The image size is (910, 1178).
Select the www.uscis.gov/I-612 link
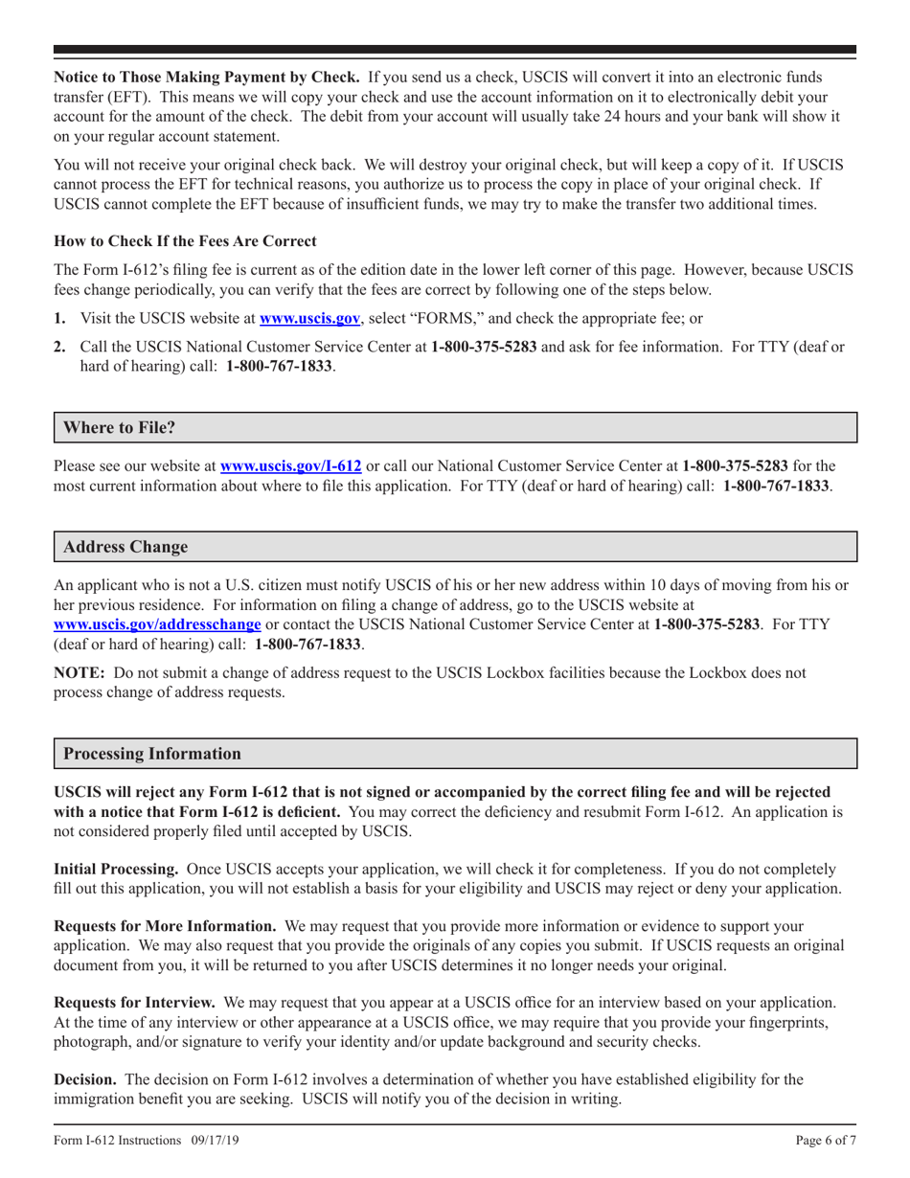click(x=290, y=466)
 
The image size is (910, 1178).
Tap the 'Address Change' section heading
click(x=125, y=547)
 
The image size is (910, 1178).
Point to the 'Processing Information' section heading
click(x=152, y=754)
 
